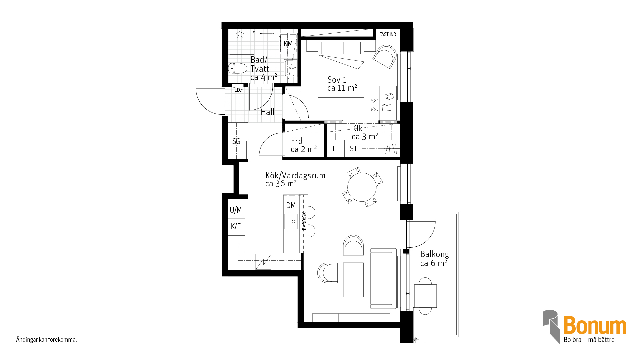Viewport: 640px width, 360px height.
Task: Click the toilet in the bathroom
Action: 238,68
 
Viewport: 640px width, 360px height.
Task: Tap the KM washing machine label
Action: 288,44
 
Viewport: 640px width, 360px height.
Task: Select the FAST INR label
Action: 388,34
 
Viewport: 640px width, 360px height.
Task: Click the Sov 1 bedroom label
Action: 337,80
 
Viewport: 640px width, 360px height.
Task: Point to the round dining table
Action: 362,187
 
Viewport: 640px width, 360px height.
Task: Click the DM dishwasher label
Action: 291,205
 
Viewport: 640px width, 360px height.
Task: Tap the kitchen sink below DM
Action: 291,222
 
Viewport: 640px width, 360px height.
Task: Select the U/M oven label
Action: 236,210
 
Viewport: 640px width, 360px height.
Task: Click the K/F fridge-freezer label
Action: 236,227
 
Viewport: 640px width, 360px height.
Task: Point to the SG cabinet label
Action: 236,141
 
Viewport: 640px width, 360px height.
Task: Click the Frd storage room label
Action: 297,141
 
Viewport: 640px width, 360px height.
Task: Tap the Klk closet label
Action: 357,128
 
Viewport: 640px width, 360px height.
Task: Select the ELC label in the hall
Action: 238,90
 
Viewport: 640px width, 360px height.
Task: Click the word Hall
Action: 268,112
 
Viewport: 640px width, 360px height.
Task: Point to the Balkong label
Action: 435,254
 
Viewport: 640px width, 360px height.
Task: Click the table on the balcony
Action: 425,296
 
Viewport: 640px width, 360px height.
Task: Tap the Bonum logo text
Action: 595,325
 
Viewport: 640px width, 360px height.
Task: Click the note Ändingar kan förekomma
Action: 47,340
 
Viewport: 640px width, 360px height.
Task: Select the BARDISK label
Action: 304,221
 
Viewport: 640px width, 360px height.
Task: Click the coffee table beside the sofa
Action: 353,280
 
